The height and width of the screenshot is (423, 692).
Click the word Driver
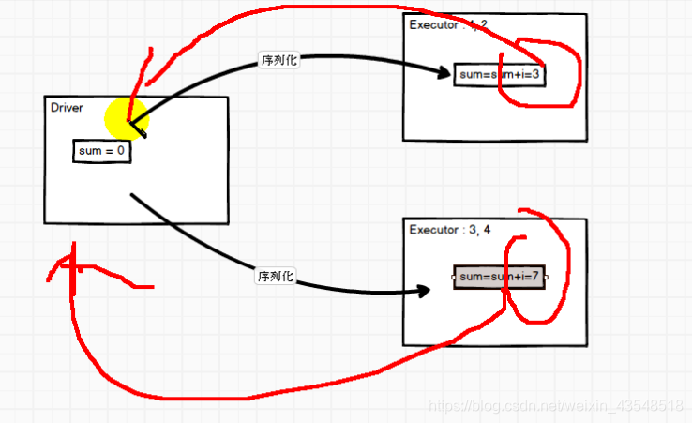pyautogui.click(x=66, y=108)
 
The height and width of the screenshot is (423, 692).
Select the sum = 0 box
pyautogui.click(x=101, y=151)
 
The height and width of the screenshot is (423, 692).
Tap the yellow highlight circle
pyautogui.click(x=126, y=118)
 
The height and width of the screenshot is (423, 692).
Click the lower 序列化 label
pyautogui.click(x=275, y=277)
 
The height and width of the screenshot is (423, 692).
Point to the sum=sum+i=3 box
pyautogui.click(x=499, y=75)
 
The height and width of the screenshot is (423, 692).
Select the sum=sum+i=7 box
pyautogui.click(x=499, y=278)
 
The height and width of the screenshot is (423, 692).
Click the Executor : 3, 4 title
pyautogui.click(x=447, y=230)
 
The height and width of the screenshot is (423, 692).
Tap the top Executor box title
pyautogui.click(x=447, y=25)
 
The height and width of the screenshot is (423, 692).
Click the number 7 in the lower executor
pyautogui.click(x=536, y=278)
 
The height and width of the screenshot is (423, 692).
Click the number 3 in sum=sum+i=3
pyautogui.click(x=536, y=75)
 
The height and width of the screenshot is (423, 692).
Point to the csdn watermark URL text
pyautogui.click(x=553, y=406)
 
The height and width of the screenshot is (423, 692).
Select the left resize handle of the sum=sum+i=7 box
pyautogui.click(x=454, y=278)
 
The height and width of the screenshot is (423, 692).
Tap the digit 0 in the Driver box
pyautogui.click(x=121, y=151)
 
